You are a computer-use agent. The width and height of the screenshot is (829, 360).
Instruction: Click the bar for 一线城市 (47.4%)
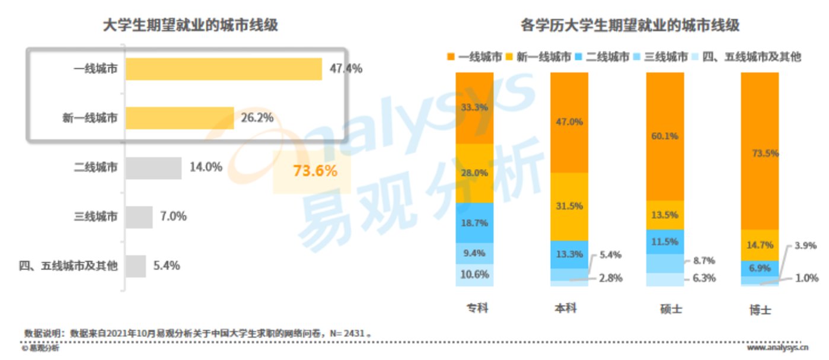(x=223, y=69)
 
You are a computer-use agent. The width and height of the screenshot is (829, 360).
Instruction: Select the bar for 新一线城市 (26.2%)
(x=179, y=118)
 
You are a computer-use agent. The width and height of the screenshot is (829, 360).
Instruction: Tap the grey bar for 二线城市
(x=153, y=167)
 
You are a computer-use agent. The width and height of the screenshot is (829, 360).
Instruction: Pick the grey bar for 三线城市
(x=139, y=216)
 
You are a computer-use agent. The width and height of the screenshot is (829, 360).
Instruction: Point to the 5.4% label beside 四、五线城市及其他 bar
(x=167, y=266)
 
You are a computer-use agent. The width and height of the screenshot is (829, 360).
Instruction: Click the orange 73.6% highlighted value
(x=315, y=171)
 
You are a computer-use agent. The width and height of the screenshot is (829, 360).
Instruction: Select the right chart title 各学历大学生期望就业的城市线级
(x=630, y=26)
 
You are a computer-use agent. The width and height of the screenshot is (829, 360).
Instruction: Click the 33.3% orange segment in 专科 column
(x=474, y=108)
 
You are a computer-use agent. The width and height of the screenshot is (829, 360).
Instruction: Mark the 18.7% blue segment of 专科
(x=474, y=223)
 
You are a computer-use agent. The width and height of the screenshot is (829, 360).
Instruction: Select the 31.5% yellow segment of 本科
(x=569, y=206)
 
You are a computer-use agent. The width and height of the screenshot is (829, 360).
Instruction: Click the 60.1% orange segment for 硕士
(x=665, y=136)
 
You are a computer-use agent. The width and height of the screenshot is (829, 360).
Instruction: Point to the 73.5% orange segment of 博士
(x=760, y=151)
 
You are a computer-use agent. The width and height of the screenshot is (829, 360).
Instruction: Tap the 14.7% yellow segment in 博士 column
(x=760, y=244)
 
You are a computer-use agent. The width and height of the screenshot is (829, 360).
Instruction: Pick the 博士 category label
(x=760, y=310)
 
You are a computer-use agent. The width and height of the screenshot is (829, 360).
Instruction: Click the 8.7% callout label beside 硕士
(x=703, y=260)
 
